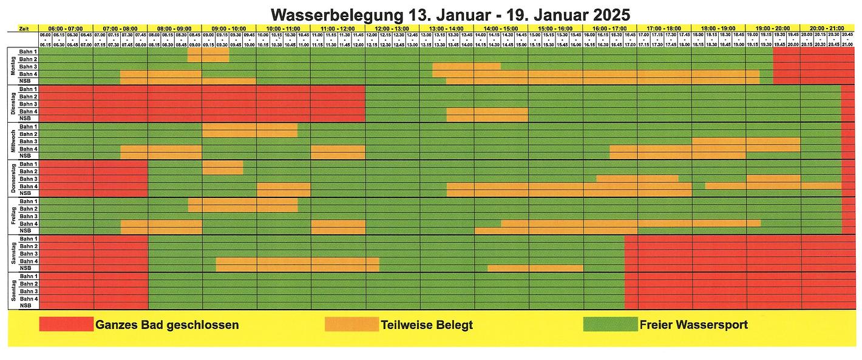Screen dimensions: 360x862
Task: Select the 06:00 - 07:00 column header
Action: pyautogui.click(x=66, y=29)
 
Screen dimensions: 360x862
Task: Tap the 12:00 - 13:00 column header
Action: pyautogui.click(x=392, y=29)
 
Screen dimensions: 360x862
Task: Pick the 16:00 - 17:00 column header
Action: pyautogui.click(x=609, y=29)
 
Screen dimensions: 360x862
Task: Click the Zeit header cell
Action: pyautogui.click(x=22, y=29)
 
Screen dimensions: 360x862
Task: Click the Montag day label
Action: pyautogui.click(x=13, y=66)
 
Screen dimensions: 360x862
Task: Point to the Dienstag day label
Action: pyautogui.click(x=13, y=104)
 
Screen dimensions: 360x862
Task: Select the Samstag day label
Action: pyautogui.click(x=13, y=253)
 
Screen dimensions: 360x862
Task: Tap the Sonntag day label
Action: pyautogui.click(x=13, y=291)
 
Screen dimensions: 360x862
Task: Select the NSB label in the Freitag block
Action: pyautogui.click(x=25, y=231)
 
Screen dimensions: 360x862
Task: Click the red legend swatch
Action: pyautogui.click(x=66, y=324)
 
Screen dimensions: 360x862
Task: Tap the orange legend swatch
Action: pyautogui.click(x=351, y=324)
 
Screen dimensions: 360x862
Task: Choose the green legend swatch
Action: pyautogui.click(x=609, y=324)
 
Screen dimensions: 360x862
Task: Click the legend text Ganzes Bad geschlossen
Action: pyautogui.click(x=167, y=325)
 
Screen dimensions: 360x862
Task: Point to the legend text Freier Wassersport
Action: pyautogui.click(x=693, y=325)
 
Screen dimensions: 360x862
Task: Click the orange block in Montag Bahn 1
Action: pyautogui.click(x=208, y=52)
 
